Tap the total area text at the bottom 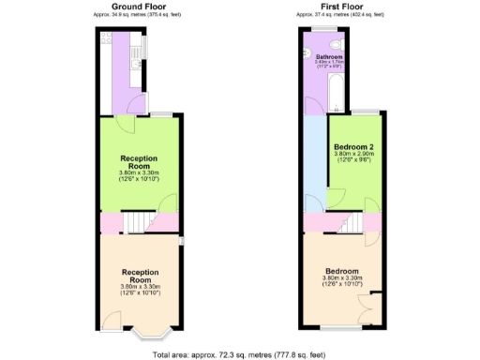tap(240, 354)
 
